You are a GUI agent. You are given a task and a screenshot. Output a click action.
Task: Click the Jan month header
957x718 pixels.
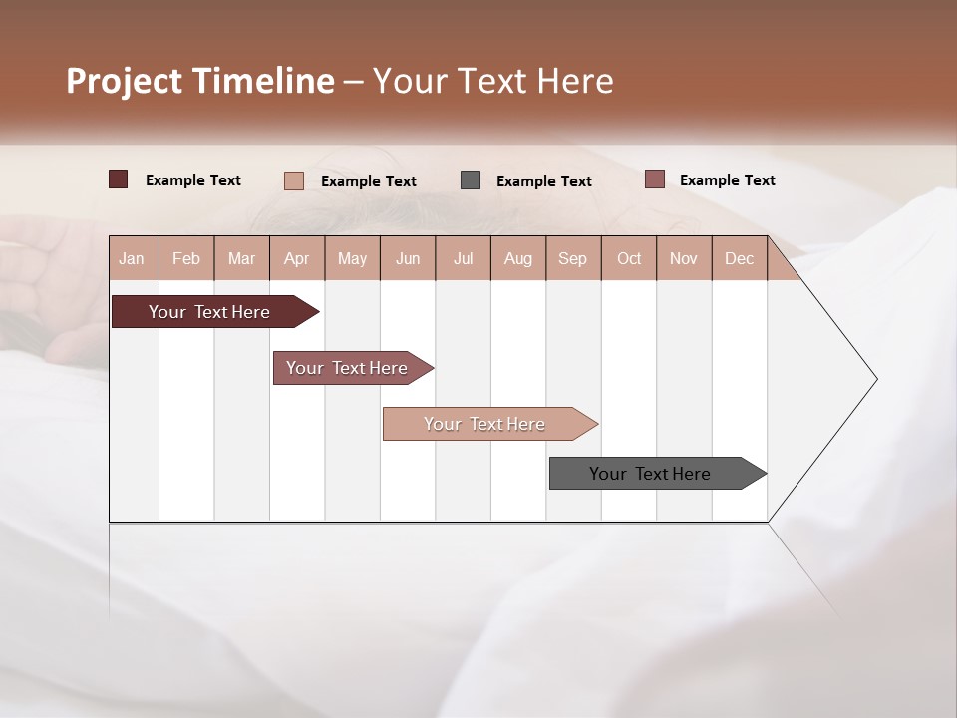pyautogui.click(x=133, y=258)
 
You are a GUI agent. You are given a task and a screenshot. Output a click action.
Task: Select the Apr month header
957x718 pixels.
pyautogui.click(x=297, y=258)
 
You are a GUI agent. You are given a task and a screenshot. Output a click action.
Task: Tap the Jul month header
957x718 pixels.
pyautogui.click(x=464, y=258)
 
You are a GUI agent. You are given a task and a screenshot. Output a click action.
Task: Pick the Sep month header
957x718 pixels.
pyautogui.click(x=573, y=258)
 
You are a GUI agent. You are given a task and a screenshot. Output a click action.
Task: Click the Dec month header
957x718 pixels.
pyautogui.click(x=740, y=258)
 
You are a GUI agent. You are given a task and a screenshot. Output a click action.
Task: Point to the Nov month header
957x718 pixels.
pyautogui.click(x=684, y=258)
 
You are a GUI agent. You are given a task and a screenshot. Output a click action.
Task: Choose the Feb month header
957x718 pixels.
pyautogui.click(x=187, y=258)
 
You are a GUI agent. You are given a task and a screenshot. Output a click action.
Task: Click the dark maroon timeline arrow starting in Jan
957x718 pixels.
pyautogui.click(x=210, y=312)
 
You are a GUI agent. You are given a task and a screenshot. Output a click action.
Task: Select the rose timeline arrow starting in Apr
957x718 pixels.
pyautogui.click(x=348, y=368)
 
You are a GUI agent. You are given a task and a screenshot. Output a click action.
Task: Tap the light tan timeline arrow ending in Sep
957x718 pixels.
pyautogui.click(x=485, y=424)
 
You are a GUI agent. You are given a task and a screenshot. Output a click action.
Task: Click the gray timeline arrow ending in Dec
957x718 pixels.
pyautogui.click(x=651, y=474)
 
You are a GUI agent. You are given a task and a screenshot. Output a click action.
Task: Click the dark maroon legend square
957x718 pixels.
pyautogui.click(x=119, y=179)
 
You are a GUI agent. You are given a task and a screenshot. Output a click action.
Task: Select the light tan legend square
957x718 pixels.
pyautogui.click(x=294, y=180)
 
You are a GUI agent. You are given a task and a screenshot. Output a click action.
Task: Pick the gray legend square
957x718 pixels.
pyautogui.click(x=471, y=180)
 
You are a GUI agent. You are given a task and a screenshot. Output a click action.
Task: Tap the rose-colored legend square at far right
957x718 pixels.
pyautogui.click(x=654, y=179)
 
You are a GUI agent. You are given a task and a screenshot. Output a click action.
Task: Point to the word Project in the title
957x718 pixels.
pyautogui.click(x=124, y=81)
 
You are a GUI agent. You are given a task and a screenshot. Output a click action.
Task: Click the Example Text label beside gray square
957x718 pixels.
pyautogui.click(x=543, y=181)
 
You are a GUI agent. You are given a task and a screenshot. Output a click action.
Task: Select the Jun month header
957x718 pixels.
pyautogui.click(x=408, y=258)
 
